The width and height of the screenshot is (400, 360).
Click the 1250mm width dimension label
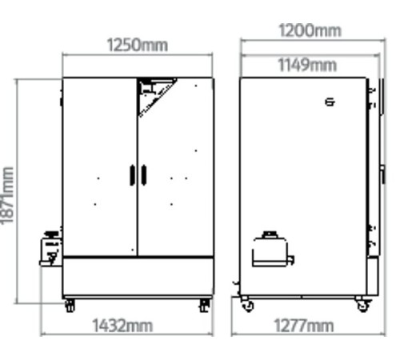[x=138, y=45]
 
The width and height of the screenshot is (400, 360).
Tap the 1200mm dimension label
[x=310, y=30]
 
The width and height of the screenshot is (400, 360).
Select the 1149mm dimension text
[x=307, y=65]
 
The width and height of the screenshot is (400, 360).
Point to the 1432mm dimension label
[x=122, y=326]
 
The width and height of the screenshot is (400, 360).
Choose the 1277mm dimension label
[x=304, y=326]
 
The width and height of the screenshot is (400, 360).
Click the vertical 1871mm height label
[x=7, y=195]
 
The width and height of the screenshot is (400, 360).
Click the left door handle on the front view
[x=132, y=175]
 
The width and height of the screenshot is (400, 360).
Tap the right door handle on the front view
[x=144, y=175]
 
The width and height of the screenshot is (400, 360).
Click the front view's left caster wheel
[x=70, y=306]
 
